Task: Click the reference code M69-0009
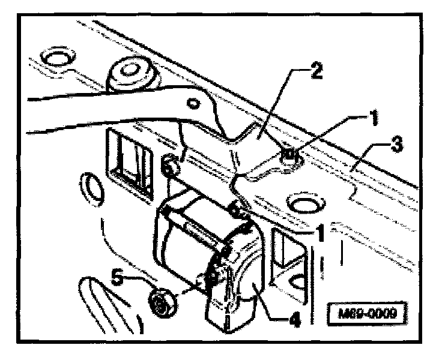pos(365,314)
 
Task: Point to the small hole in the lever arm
pos(193,104)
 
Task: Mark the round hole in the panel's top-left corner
pos(57,58)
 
